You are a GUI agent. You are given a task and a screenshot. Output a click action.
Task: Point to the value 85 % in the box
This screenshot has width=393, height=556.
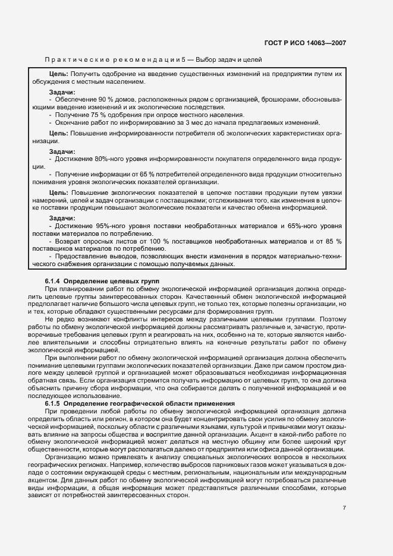pos(333,241)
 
